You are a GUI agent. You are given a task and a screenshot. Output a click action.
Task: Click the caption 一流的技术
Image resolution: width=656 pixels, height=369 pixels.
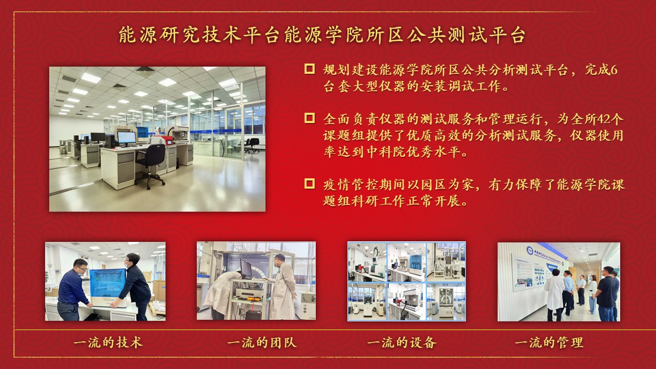click(108, 342)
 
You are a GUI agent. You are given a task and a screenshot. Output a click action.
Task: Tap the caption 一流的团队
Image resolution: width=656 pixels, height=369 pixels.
click(262, 342)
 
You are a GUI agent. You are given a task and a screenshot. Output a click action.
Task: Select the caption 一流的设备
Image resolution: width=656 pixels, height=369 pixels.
click(402, 342)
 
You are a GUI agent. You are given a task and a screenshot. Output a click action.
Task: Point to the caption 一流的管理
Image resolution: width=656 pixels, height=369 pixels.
click(549, 342)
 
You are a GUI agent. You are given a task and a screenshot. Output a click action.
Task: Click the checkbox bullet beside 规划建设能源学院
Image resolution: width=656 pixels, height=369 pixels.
click(310, 69)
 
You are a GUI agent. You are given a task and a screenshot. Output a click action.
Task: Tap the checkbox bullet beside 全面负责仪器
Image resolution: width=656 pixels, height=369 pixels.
click(310, 118)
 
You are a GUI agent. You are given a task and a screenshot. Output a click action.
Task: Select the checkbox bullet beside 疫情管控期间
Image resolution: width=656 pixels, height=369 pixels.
click(310, 183)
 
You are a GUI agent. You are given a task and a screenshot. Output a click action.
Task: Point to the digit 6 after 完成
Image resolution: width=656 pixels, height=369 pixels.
click(614, 70)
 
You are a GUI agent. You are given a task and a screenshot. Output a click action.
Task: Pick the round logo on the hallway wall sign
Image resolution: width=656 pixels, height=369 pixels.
click(529, 251)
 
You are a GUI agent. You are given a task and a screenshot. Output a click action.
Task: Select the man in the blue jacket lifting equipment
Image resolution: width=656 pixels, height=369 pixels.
click(72, 290)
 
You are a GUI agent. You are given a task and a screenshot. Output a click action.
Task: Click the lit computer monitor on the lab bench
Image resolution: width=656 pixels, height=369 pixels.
click(127, 138)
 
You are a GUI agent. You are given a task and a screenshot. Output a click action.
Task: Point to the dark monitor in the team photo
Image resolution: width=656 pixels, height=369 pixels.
click(246, 269)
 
